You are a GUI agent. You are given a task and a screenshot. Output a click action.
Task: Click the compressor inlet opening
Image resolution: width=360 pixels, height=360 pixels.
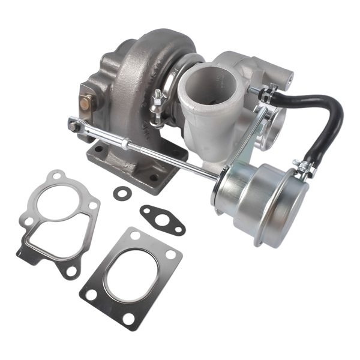210,87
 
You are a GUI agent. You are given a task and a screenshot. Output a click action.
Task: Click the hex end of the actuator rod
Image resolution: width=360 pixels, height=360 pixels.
74,125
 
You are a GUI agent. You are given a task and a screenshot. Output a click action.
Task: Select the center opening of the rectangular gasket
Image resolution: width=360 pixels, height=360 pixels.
133,277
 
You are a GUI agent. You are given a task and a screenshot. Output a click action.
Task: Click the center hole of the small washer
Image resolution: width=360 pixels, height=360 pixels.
122,193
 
